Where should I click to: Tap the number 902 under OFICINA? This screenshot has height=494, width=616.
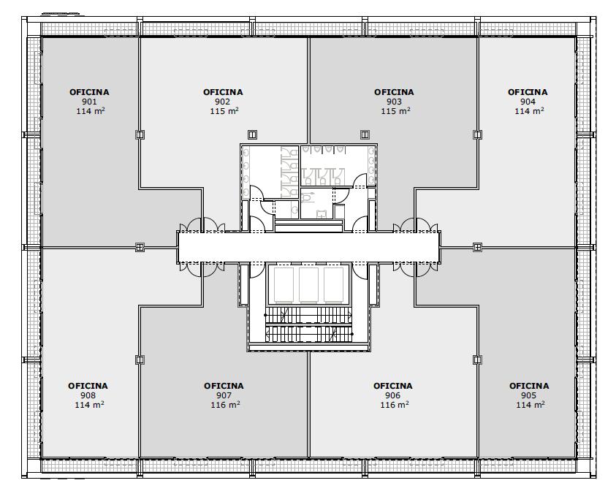pyautogui.click(x=222, y=102)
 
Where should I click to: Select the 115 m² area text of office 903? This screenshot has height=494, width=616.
pyautogui.click(x=395, y=111)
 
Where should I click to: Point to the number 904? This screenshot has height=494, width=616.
pyautogui.click(x=528, y=102)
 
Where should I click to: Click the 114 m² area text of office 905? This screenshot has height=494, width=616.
pyautogui.click(x=531, y=405)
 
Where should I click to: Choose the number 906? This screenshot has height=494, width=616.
pyautogui.click(x=392, y=395)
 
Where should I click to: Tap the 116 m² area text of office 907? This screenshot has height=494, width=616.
pyautogui.click(x=225, y=405)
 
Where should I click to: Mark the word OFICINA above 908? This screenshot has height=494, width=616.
pyautogui.click(x=88, y=386)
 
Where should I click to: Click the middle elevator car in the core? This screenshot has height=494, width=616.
pyautogui.click(x=308, y=284)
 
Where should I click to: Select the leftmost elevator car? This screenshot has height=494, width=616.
pyautogui.click(x=284, y=284)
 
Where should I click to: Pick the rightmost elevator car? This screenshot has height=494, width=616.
pyautogui.click(x=333, y=284)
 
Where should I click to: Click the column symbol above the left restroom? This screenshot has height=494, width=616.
pyautogui.click(x=252, y=134)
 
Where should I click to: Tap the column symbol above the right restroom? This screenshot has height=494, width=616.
pyautogui.click(x=365, y=134)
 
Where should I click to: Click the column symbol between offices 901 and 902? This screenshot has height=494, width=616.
pyautogui.click(x=140, y=134)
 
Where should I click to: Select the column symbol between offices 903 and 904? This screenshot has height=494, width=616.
pyautogui.click(x=477, y=134)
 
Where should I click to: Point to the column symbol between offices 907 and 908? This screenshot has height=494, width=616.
pyautogui.click(x=140, y=360)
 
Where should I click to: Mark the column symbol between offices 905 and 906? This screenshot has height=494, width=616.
pyautogui.click(x=477, y=360)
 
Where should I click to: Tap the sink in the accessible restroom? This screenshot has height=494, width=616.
pyautogui.click(x=322, y=214)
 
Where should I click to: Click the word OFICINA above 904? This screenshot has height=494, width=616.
pyautogui.click(x=528, y=92)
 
